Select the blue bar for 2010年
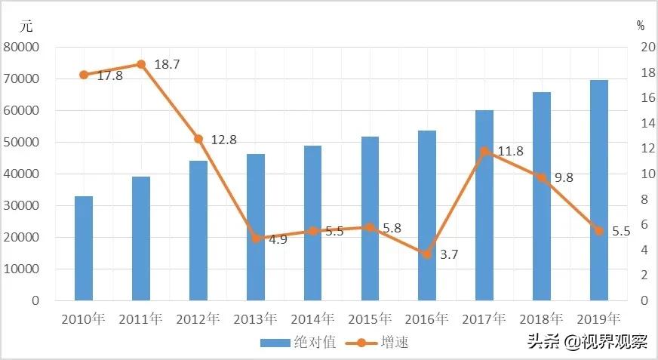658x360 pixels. point(84,248)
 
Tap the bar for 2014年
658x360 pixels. point(312,223)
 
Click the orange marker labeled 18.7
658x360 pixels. point(141,64)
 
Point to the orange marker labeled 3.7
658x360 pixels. point(427,254)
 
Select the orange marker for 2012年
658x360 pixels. point(198,139)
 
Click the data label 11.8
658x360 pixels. point(510,152)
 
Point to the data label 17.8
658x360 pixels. point(109,76)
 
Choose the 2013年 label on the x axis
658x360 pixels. point(256,318)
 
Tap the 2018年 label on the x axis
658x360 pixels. point(542,318)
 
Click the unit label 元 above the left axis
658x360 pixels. point(26,25)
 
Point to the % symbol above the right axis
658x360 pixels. point(640,25)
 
